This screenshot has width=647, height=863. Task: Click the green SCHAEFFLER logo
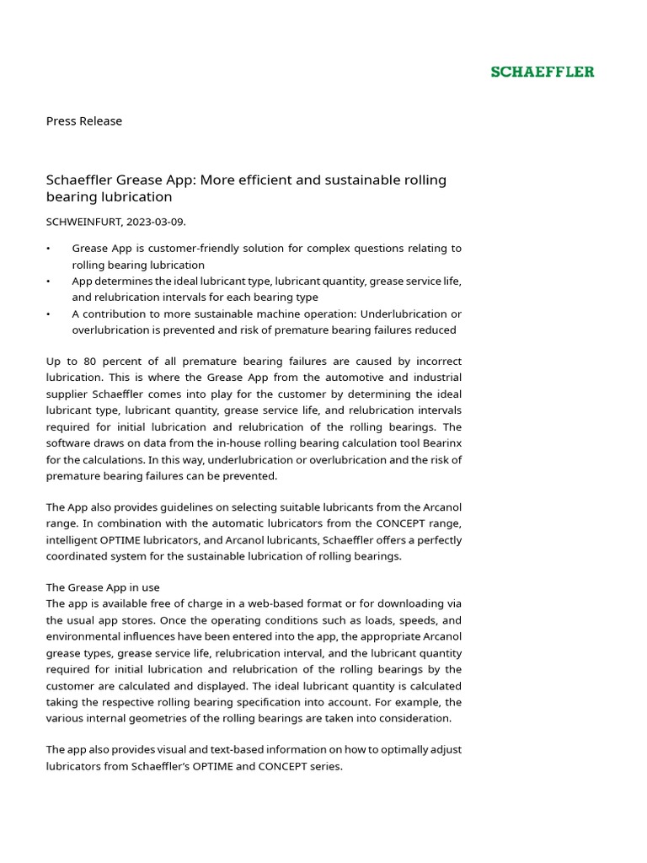pyautogui.click(x=543, y=72)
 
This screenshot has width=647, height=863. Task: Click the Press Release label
pyautogui.click(x=83, y=121)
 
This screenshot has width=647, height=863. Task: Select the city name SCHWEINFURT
pyautogui.click(x=83, y=222)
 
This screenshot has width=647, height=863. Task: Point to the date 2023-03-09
pyautogui.click(x=154, y=222)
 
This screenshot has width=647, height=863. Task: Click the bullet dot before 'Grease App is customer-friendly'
pyautogui.click(x=49, y=249)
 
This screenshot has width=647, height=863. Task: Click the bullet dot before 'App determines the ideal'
pyautogui.click(x=49, y=281)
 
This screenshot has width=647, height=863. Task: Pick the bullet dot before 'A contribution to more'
pyautogui.click(x=49, y=314)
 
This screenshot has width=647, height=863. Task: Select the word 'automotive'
pyautogui.click(x=305, y=378)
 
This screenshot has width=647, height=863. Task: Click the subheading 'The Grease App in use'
pyautogui.click(x=103, y=587)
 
